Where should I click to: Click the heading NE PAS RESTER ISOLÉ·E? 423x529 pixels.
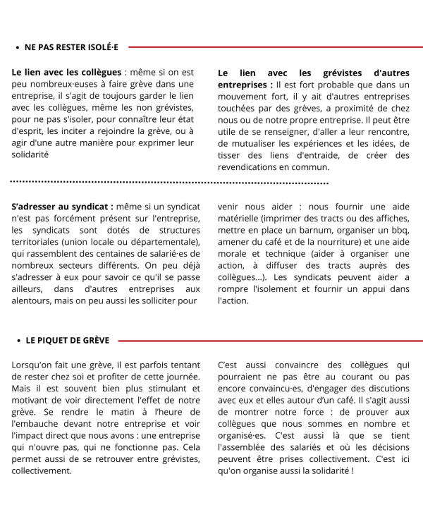(71, 47)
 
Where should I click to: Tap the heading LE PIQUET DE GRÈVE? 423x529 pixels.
(68, 340)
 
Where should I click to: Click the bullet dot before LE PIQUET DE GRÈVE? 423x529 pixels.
(18, 340)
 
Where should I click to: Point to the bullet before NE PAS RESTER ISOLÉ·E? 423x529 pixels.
(17, 47)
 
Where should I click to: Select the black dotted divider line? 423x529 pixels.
(169, 183)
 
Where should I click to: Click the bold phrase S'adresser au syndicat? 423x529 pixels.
(62, 207)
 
